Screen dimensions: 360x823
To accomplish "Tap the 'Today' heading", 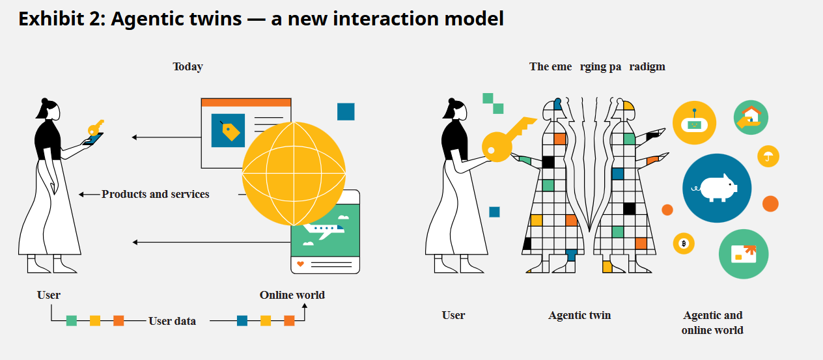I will pos(188,66).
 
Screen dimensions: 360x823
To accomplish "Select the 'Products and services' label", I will pos(156,194).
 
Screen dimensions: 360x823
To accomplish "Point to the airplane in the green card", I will pos(325,228).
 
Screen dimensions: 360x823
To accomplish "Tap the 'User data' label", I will pos(172,320).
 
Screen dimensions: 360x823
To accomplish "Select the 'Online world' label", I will pos(292,295).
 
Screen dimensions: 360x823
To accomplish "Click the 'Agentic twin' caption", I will pos(579,315).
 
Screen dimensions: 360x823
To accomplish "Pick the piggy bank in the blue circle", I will pos(717,188).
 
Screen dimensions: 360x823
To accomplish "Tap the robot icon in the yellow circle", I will pos(694,123).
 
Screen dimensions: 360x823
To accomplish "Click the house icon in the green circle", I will pos(751,117).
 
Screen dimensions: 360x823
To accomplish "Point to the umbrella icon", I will pos(768,156).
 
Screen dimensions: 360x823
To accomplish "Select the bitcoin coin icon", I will pos(684,243).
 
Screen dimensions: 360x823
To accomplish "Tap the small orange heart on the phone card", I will pos(300,264).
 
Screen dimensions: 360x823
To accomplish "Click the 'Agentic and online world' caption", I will pos(712,322).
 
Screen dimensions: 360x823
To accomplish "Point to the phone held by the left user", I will pos(94,138).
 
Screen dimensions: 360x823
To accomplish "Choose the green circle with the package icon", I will pos(744,254).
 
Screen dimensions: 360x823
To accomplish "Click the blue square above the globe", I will pos(346,111).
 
